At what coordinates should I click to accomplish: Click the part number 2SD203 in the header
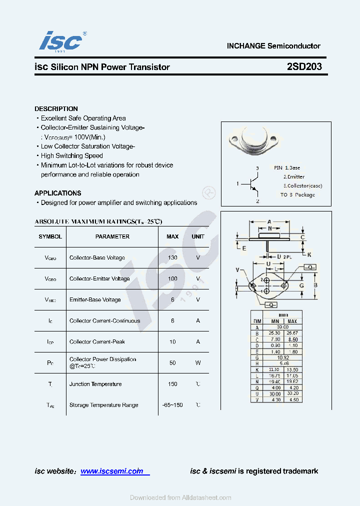304,67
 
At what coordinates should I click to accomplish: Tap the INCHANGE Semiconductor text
273,46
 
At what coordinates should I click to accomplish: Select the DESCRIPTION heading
56,108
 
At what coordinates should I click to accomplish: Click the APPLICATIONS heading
57,193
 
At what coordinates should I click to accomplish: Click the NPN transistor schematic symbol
253,184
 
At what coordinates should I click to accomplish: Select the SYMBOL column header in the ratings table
50,236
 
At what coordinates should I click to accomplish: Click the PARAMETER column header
112,236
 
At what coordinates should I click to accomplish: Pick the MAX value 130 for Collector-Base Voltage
172,257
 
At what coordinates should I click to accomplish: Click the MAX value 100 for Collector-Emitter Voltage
172,278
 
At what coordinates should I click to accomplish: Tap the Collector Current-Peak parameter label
97,341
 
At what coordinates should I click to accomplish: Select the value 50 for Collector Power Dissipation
172,362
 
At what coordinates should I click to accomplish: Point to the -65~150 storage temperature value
172,405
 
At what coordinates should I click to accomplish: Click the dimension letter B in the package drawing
315,285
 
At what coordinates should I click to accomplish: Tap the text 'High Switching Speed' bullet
71,155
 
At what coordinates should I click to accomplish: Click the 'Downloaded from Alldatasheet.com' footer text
180,497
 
